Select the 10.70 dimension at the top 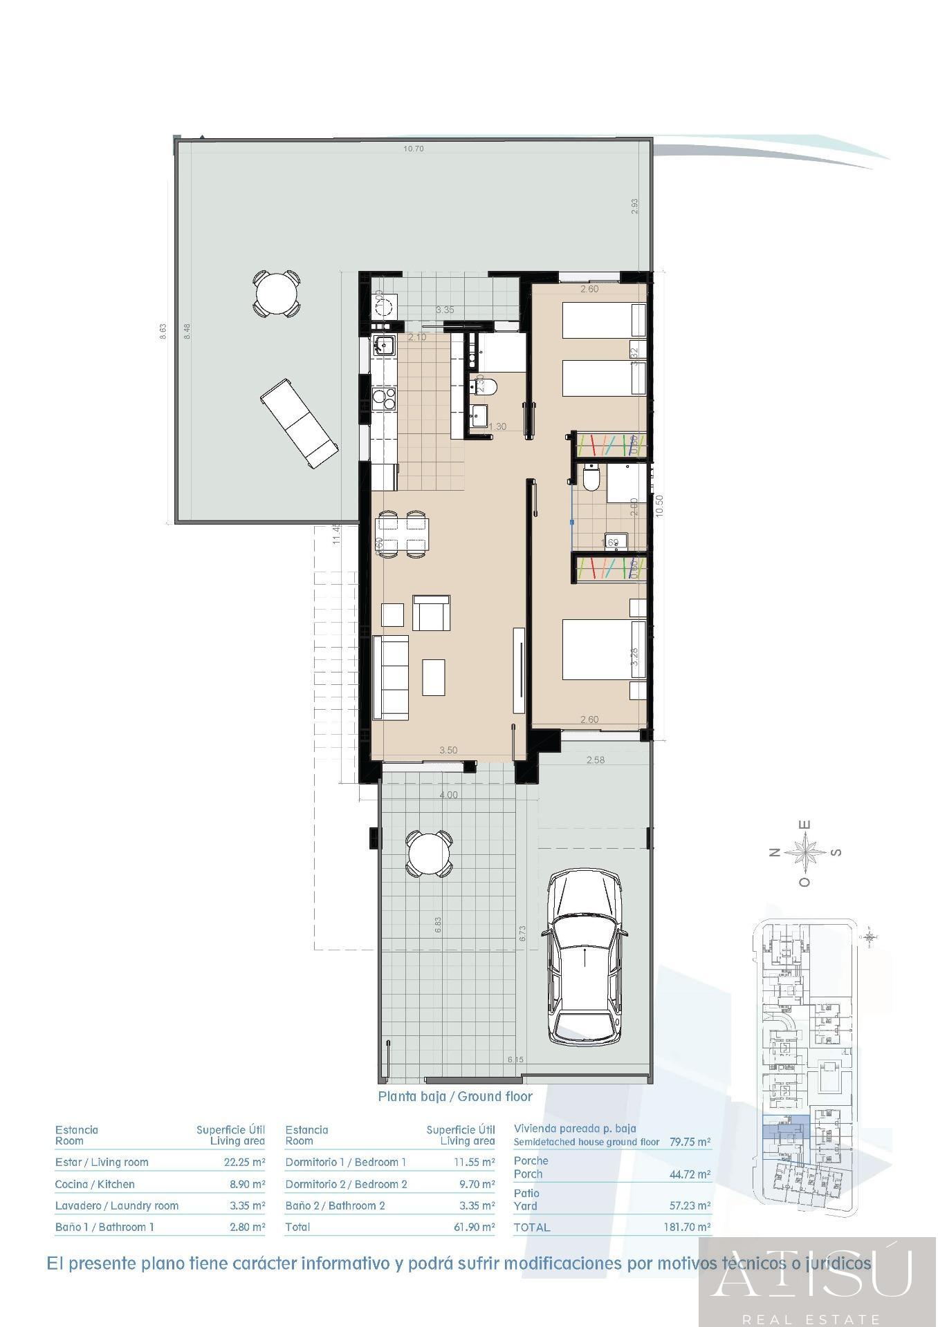tap(414, 149)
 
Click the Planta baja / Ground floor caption tap(455, 1096)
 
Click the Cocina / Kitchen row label tap(95, 1184)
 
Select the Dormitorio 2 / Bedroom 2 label tap(346, 1184)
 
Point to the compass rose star tap(805, 852)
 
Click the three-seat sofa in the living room tap(391, 677)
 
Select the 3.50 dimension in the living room tap(448, 750)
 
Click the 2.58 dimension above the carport tap(595, 760)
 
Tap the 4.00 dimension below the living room tap(448, 795)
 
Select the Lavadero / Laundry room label tap(117, 1206)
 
